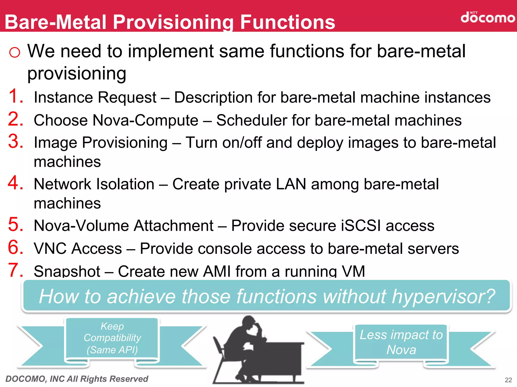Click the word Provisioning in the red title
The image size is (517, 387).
(x=173, y=22)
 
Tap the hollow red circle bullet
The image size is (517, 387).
(x=14, y=52)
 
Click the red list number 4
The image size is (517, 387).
(x=16, y=183)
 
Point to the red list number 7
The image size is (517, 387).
(x=16, y=270)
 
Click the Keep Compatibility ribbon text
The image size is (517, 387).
(x=112, y=338)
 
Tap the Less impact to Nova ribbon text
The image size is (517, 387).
(x=401, y=342)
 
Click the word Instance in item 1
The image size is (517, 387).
(x=63, y=98)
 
